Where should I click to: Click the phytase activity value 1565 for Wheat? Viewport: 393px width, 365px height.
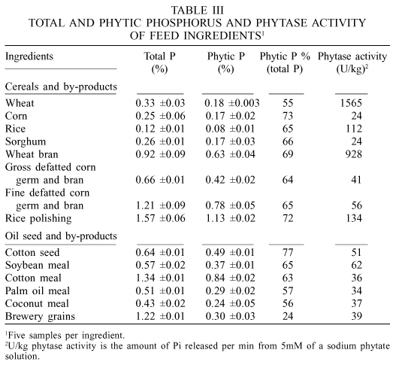point(351,103)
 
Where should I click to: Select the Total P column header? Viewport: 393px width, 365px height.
point(159,62)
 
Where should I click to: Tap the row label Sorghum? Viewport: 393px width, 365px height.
point(26,141)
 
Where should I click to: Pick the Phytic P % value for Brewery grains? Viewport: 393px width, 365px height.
point(288,316)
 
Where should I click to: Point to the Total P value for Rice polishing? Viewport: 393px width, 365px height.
point(160,218)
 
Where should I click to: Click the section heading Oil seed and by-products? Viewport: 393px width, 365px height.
point(61,236)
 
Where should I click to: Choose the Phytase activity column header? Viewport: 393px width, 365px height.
point(352,62)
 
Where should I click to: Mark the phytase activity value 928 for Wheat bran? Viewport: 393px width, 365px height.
point(354,154)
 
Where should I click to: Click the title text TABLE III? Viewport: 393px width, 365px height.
point(198,11)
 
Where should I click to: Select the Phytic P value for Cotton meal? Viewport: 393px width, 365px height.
point(230,278)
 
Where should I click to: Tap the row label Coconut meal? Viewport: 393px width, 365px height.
point(37,303)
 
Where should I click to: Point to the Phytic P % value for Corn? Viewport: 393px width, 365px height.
point(288,116)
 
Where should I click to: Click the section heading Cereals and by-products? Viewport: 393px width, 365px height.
point(61,87)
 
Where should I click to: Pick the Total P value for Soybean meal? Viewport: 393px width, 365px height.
point(160,265)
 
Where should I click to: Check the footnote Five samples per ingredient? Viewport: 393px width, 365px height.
point(65,336)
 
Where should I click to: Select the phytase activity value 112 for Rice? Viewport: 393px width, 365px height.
point(354,129)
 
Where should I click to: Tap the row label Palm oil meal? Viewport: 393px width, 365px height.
point(38,290)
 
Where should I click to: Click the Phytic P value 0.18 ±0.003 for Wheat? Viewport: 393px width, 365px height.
point(232,103)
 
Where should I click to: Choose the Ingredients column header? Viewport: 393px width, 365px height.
point(29,56)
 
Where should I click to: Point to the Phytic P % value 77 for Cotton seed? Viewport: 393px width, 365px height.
point(288,252)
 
